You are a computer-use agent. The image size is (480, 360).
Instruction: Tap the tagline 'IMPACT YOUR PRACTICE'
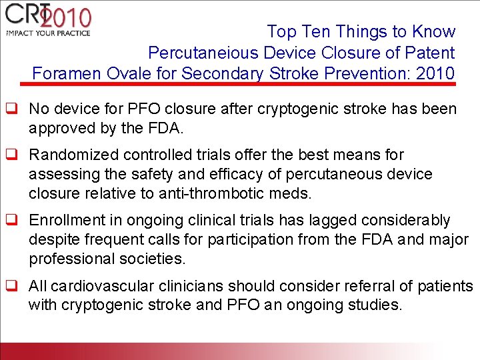coord(47,33)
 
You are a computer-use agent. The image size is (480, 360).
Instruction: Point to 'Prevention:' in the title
coord(370,73)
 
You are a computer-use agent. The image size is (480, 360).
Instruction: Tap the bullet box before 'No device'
coord(11,109)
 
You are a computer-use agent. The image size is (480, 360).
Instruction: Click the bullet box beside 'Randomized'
coord(11,155)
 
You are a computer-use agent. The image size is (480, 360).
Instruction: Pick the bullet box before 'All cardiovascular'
coord(11,287)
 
